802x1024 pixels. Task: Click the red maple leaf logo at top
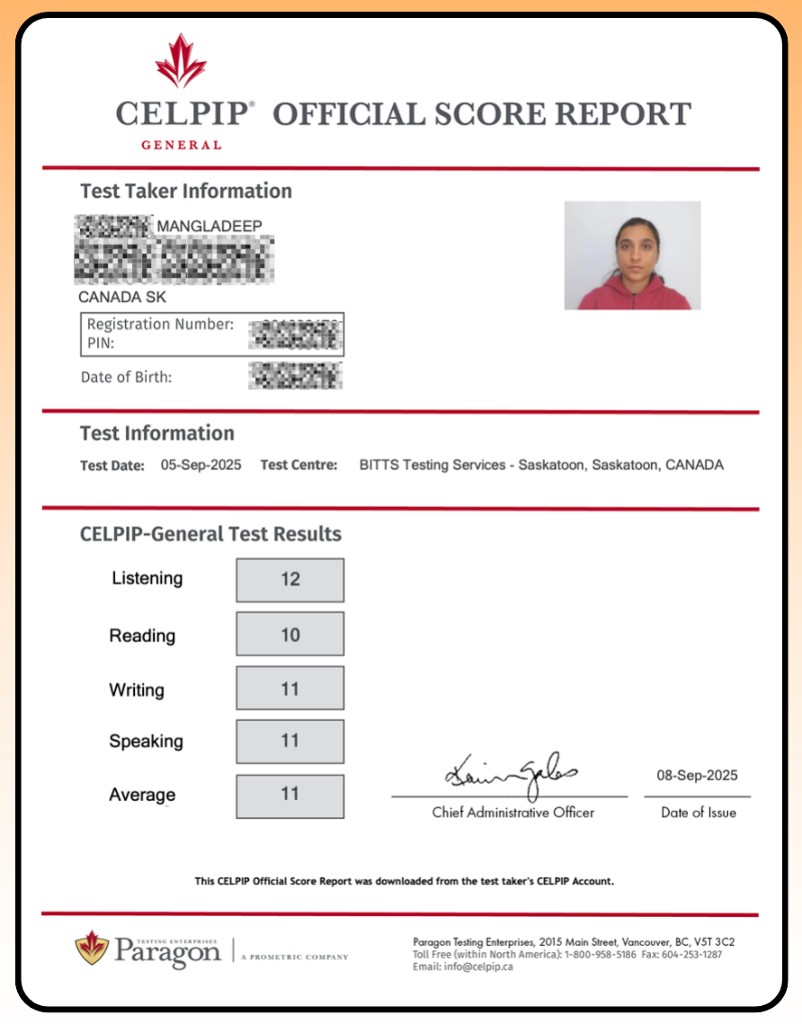click(181, 60)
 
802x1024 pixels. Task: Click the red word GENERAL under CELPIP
click(181, 145)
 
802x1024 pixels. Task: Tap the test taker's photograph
click(632, 255)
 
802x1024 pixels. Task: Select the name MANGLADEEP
click(209, 226)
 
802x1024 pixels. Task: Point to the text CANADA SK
click(122, 298)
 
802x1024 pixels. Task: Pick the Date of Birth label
click(126, 378)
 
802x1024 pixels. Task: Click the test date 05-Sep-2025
click(200, 466)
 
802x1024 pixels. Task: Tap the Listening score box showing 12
click(290, 580)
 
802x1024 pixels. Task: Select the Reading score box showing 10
click(290, 635)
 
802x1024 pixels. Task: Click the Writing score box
click(290, 689)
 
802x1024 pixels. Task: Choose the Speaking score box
click(290, 742)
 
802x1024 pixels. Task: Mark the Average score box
click(290, 796)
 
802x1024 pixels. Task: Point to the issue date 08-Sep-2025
click(697, 776)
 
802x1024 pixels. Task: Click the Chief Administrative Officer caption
click(512, 813)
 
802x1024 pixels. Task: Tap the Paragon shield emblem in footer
click(91, 947)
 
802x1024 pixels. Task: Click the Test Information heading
click(157, 433)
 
